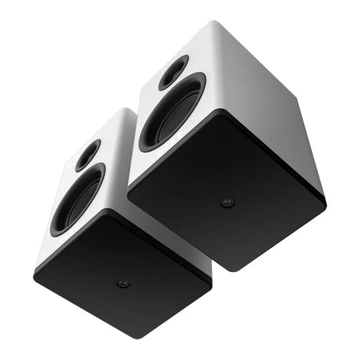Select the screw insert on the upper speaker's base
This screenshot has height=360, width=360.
pos(228,202)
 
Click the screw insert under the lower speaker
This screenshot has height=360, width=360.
pos(122,283)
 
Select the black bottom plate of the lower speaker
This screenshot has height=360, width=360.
pos(123,273)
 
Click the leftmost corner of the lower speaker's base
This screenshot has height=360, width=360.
pos(35,273)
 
